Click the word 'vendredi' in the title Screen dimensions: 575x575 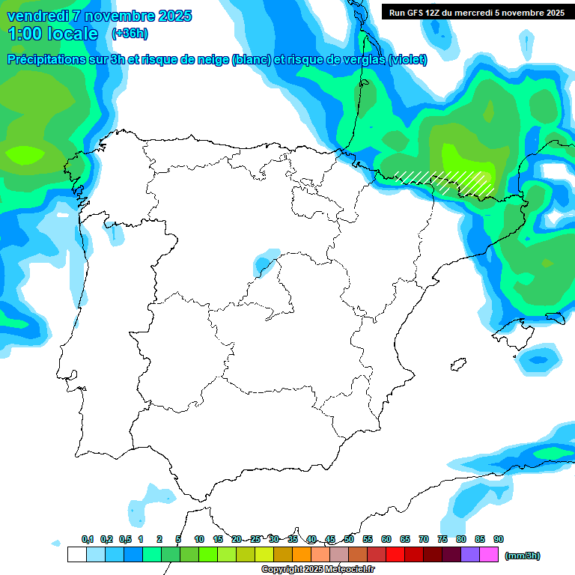35,16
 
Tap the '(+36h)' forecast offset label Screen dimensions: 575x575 130,33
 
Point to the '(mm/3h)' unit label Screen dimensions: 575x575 522,556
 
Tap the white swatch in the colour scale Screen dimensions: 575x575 76,555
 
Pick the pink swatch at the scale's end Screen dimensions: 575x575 489,555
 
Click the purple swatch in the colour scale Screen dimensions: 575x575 470,555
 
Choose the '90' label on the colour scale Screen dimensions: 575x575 498,539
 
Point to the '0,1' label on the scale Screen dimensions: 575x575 88,539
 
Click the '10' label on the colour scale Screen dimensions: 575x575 199,539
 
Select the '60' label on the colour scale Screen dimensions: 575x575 386,539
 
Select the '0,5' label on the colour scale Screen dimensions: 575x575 125,539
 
